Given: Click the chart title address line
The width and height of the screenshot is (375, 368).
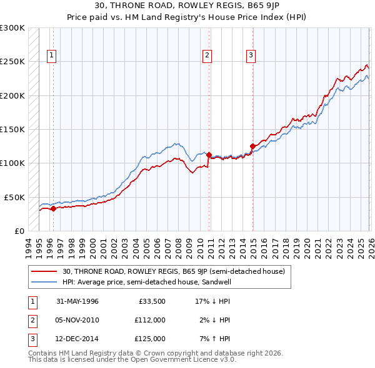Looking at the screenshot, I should tap(187, 6).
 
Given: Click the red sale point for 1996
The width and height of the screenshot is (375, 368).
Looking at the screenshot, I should tap(53, 208).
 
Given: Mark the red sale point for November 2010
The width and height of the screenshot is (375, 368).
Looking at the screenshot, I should tap(209, 155).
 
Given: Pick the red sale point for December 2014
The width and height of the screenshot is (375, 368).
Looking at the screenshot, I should tap(252, 147).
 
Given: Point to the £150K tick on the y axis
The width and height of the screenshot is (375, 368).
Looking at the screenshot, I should tap(12, 130).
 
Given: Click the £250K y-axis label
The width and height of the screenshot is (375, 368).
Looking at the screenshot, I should tap(12, 62).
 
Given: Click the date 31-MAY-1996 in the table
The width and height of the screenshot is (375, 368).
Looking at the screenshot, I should tap(77, 301).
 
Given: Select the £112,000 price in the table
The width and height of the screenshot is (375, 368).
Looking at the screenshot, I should tap(150, 320).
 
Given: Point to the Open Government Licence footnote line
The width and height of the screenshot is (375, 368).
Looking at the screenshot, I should tap(132, 359).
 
